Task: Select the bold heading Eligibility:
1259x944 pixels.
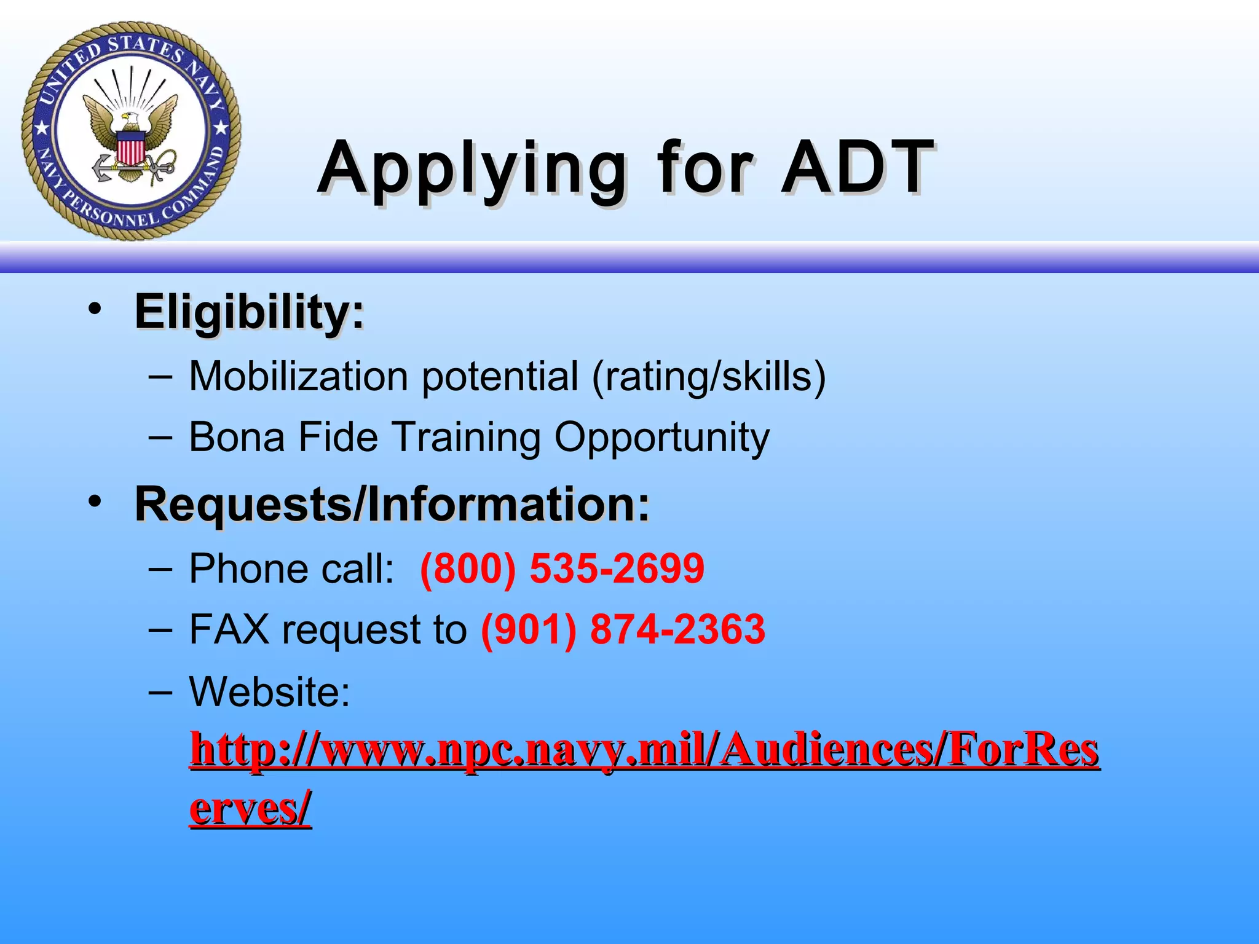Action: tap(249, 312)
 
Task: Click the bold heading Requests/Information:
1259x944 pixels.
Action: tap(392, 504)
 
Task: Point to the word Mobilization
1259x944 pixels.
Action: tap(298, 376)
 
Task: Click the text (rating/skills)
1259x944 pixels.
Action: tap(708, 376)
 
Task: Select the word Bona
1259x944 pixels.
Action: tap(237, 437)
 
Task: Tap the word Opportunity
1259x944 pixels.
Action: tap(661, 438)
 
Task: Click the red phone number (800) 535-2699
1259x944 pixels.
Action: tap(562, 568)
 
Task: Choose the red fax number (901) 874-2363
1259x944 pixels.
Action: tap(623, 629)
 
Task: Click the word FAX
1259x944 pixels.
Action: tap(229, 629)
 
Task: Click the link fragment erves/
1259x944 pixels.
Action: tap(250, 808)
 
